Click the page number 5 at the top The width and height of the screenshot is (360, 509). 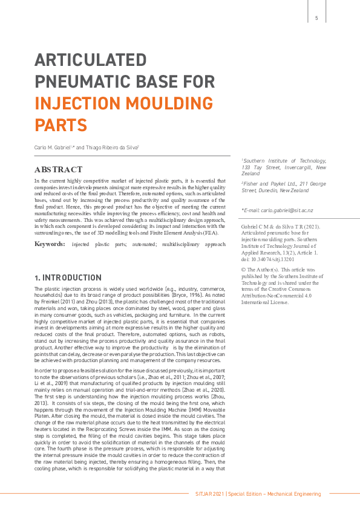click(x=316, y=18)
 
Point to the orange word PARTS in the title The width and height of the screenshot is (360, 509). click(x=61, y=125)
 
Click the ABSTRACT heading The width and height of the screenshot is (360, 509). click(x=58, y=169)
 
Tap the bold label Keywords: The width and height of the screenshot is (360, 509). click(x=50, y=244)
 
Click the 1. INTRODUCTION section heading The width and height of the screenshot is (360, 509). click(x=68, y=277)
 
